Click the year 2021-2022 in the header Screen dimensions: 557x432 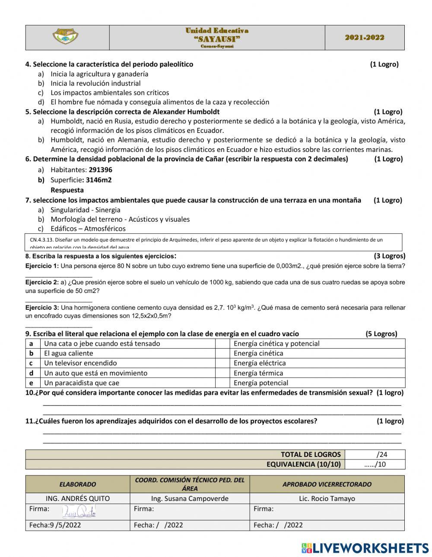point(365,38)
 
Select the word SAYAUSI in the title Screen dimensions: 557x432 point(217,39)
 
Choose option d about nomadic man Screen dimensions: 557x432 point(159,102)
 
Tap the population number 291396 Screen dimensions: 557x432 point(100,170)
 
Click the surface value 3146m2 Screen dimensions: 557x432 point(98,180)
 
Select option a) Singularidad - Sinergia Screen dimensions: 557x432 point(85,210)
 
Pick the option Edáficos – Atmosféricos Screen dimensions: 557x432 point(88,229)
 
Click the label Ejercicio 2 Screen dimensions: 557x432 point(41,282)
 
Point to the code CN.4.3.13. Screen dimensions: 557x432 point(42,240)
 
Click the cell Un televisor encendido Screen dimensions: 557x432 point(80,363)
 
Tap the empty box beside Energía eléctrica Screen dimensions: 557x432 point(222,363)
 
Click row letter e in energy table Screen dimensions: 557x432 point(31,383)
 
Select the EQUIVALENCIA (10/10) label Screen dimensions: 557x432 point(303,464)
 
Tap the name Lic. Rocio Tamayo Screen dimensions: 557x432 point(327,499)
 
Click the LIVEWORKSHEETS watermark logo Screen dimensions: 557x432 point(365,548)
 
